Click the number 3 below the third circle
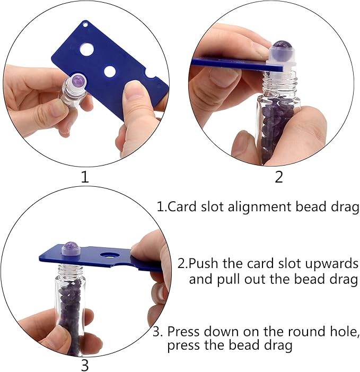coord(85,365)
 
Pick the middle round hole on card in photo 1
coord(110,71)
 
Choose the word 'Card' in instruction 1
coord(179,206)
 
